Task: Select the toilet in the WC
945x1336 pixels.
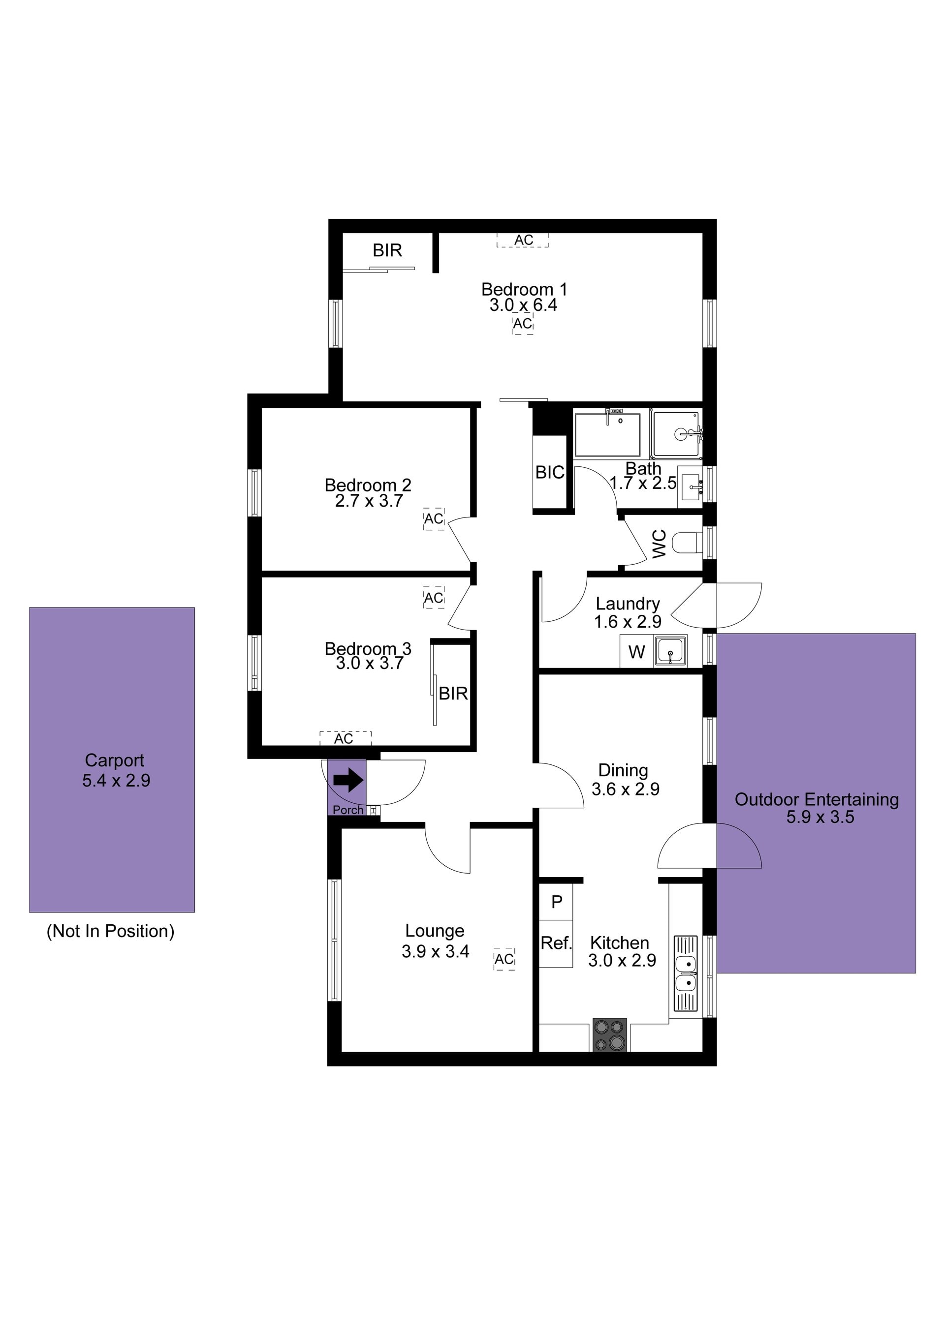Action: (x=687, y=544)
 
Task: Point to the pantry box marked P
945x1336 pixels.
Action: (x=556, y=901)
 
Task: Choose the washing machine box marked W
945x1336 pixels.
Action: (x=636, y=652)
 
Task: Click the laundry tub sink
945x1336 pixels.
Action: (x=671, y=651)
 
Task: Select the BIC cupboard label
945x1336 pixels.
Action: (x=550, y=473)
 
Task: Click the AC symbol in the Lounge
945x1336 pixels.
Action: (x=504, y=959)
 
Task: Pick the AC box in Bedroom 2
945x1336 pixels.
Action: (x=434, y=518)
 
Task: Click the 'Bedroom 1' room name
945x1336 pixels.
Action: (x=524, y=289)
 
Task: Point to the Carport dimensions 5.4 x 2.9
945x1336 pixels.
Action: (x=116, y=780)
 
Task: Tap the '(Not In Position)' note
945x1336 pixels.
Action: (x=111, y=931)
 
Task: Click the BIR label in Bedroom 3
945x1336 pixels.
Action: (x=453, y=693)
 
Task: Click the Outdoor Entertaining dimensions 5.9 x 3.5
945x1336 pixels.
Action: (x=820, y=817)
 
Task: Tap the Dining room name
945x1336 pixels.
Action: (x=623, y=770)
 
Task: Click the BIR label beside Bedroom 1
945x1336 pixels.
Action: (x=387, y=250)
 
